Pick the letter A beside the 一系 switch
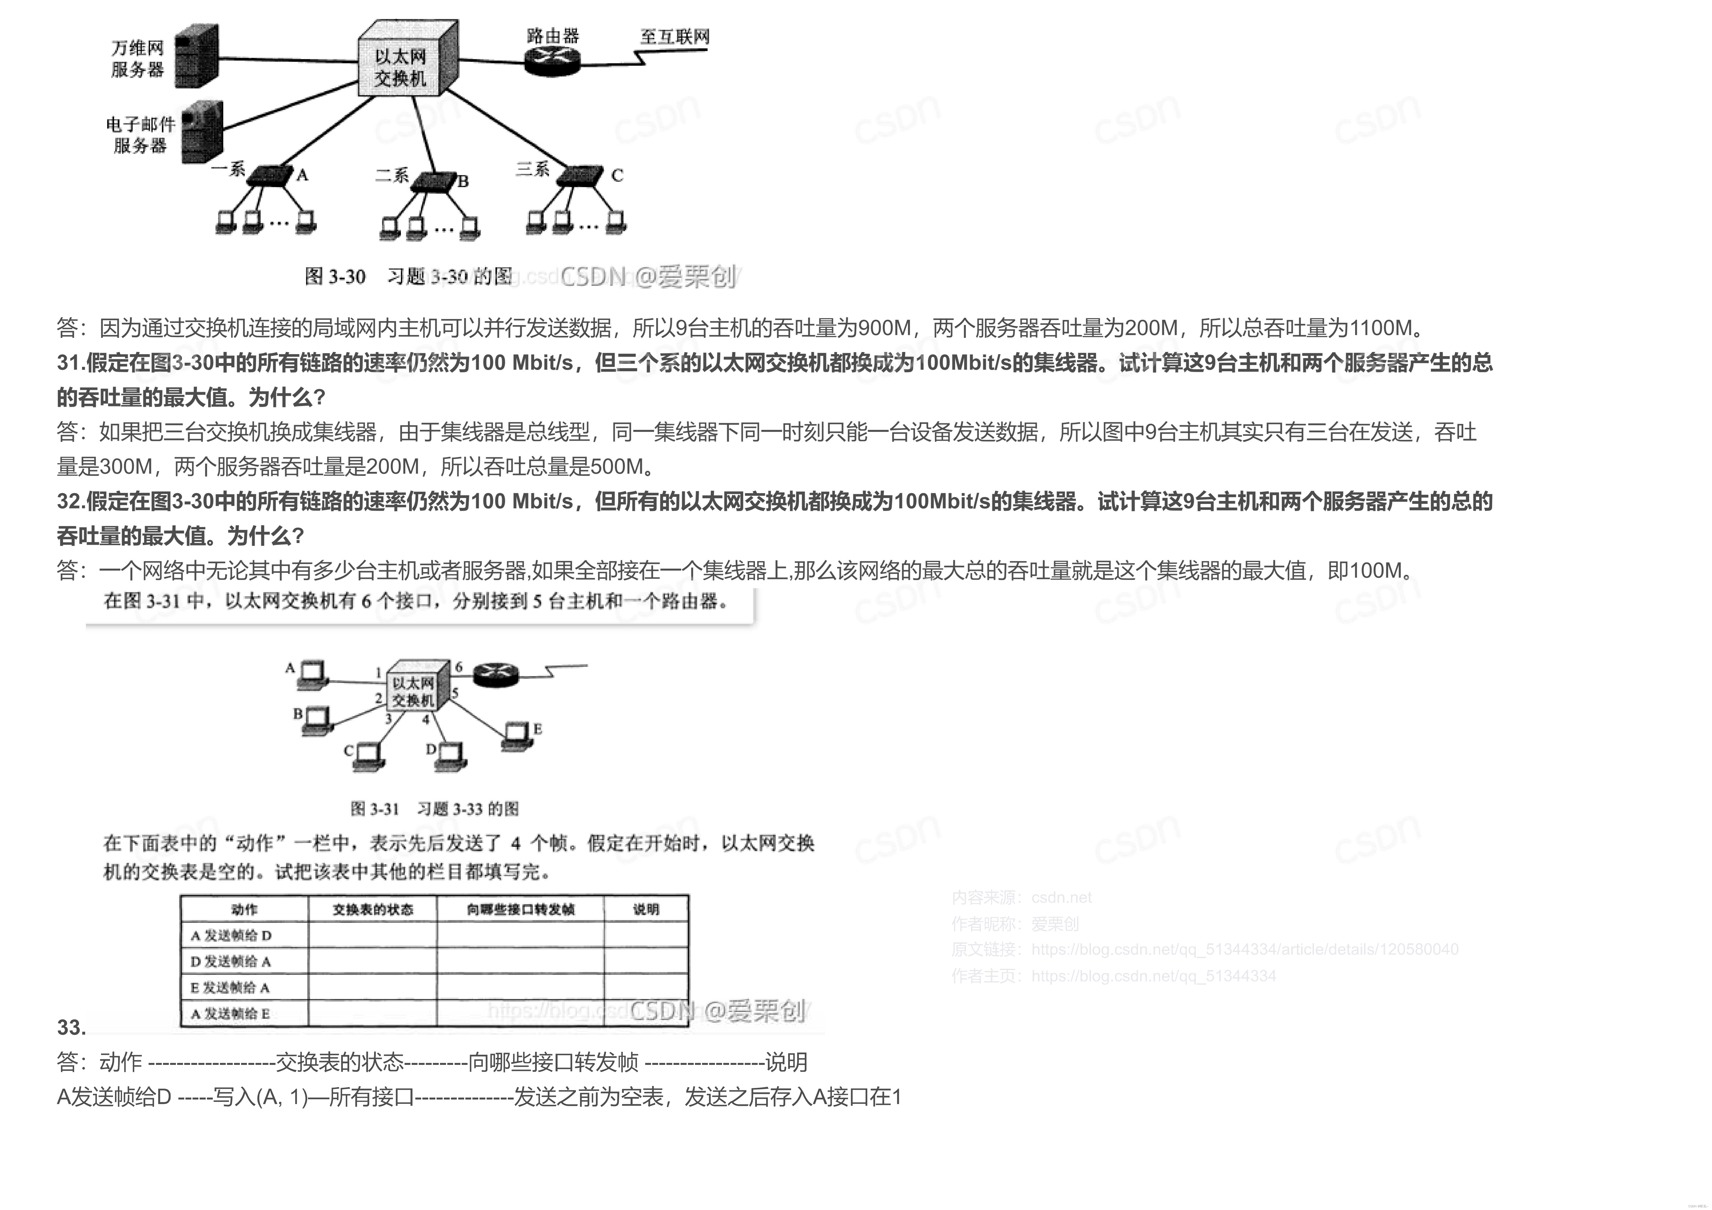coord(302,175)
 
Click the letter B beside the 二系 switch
coord(463,181)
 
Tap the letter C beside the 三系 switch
coord(617,175)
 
